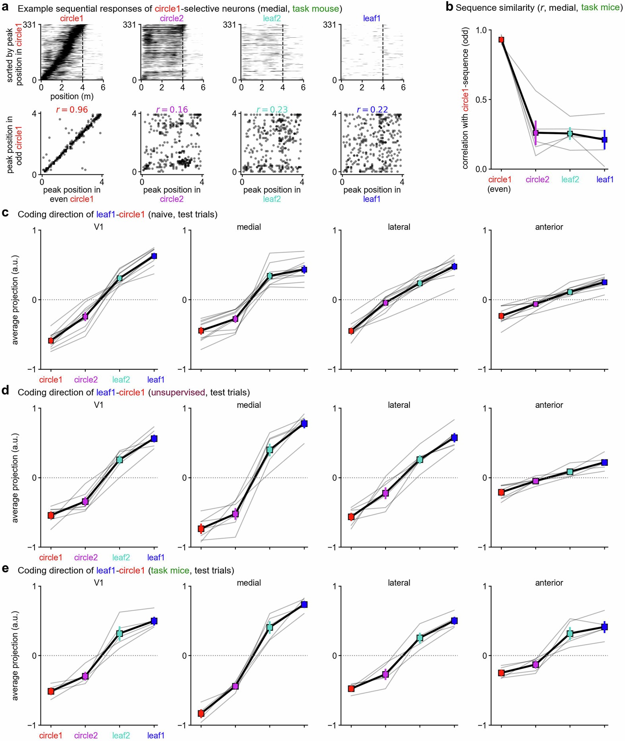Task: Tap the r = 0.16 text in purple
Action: [172, 110]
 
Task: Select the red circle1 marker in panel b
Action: [501, 40]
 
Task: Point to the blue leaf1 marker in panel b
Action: [604, 140]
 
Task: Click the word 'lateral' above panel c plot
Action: [399, 227]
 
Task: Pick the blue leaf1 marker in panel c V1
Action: [154, 256]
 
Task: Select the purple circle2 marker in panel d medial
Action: [235, 514]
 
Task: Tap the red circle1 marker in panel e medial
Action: [201, 714]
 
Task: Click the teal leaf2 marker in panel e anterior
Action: [570, 634]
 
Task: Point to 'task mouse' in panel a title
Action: [316, 8]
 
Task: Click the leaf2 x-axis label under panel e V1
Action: [121, 735]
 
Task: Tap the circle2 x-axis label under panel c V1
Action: [86, 380]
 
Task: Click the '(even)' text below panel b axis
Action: [499, 189]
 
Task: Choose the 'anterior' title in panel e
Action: [549, 583]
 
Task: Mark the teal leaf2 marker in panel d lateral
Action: [420, 460]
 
